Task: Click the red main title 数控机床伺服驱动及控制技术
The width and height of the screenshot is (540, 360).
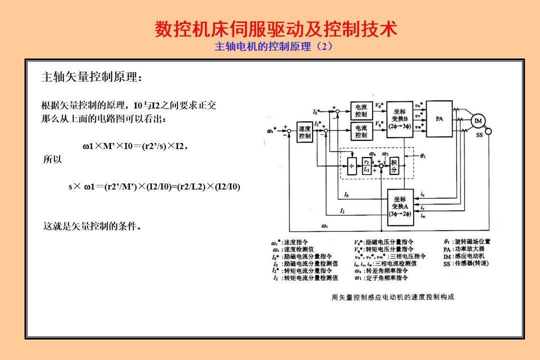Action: [x=276, y=29]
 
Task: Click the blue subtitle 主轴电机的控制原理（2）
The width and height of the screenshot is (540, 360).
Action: [x=273, y=47]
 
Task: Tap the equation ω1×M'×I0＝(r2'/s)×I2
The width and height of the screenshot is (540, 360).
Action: [x=135, y=146]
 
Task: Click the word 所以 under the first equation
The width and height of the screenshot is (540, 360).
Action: [x=53, y=160]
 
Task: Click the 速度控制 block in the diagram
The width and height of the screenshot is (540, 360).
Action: [x=304, y=132]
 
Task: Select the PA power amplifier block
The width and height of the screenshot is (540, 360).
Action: [x=439, y=119]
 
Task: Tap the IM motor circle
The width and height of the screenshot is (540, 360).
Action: [x=478, y=121]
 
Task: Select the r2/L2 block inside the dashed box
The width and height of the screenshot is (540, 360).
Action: [x=367, y=165]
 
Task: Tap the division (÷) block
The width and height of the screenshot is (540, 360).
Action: [x=352, y=165]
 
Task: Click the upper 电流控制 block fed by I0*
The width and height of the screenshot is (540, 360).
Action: [x=360, y=111]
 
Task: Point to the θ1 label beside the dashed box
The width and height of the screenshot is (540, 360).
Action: [x=423, y=156]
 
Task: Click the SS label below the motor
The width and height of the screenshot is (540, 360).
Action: [x=479, y=135]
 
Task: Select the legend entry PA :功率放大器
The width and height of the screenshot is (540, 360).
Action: [x=463, y=249]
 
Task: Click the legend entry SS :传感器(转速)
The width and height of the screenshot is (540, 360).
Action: [x=465, y=263]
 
